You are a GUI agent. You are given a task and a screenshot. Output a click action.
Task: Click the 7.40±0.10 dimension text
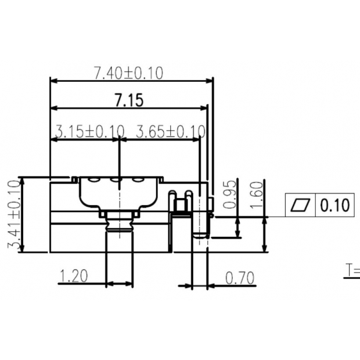tap(128, 73)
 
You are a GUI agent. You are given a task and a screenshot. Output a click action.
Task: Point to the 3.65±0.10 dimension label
tap(170, 131)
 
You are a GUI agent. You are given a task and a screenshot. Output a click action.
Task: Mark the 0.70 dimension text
tap(240, 278)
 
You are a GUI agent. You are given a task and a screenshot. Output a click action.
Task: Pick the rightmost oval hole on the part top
tap(138, 180)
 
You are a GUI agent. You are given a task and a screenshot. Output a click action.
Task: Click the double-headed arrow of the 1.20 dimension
tap(119, 284)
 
